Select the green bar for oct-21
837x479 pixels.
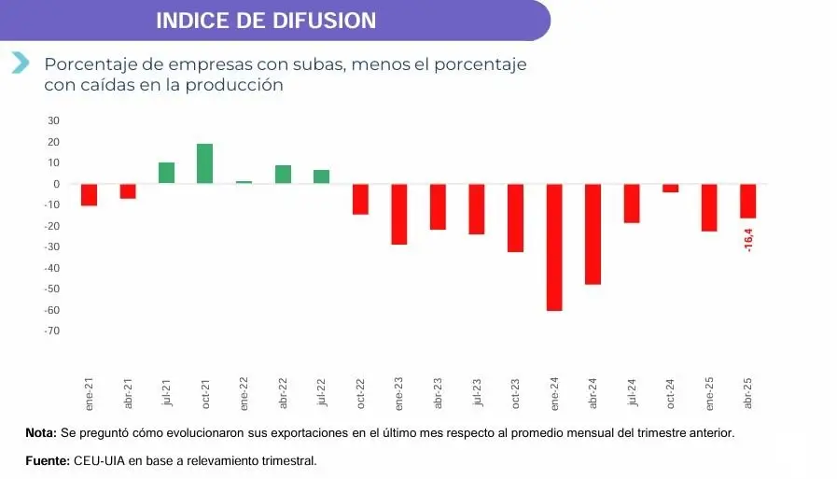(x=205, y=163)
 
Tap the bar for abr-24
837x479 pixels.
(x=593, y=233)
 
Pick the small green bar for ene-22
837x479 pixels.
(x=244, y=182)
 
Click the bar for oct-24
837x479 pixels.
(x=670, y=188)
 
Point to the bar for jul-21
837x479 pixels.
(x=166, y=173)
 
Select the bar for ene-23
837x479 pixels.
(x=399, y=214)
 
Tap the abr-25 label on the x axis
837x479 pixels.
(x=748, y=393)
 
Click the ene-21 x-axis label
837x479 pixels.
(x=90, y=393)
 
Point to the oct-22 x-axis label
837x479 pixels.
(x=360, y=393)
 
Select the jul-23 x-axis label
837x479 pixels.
(x=477, y=393)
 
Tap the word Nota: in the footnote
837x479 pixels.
(x=41, y=433)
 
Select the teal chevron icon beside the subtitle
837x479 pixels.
(x=20, y=63)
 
